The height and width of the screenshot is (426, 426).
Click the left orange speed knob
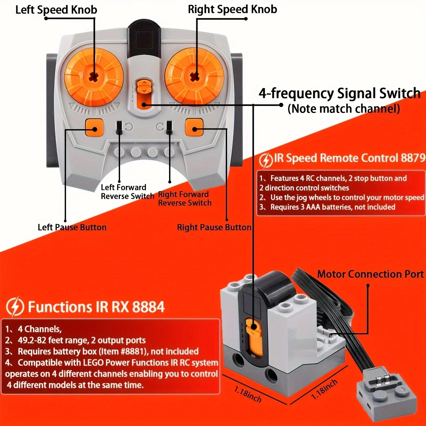point(94,77)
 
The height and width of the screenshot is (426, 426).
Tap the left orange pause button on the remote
point(94,128)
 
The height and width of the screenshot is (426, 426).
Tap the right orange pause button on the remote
point(194,128)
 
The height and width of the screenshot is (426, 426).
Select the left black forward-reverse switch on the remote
point(119,128)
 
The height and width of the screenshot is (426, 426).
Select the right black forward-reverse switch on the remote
point(169,128)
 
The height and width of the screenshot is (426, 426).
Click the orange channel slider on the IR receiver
point(253,335)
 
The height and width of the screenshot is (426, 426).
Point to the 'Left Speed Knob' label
point(56,10)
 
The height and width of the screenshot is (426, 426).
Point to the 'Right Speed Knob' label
point(232,9)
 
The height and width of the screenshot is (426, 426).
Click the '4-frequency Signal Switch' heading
point(339,93)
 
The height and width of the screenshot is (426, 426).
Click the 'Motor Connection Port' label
point(370,274)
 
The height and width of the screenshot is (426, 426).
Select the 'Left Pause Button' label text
point(72,227)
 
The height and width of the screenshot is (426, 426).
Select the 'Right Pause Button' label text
point(214,227)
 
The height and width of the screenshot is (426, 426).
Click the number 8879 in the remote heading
point(413,158)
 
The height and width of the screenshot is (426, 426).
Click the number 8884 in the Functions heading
point(148,307)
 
